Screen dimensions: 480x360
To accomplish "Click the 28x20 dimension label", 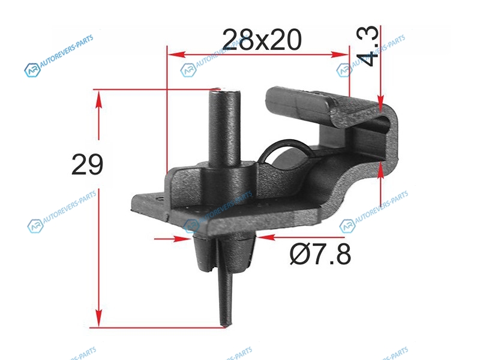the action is pos(262,40).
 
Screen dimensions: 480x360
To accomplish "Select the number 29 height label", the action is pos(87,164).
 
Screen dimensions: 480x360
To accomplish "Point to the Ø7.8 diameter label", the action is pos(320,254).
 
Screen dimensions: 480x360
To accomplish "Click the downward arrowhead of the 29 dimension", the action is pos(98,319).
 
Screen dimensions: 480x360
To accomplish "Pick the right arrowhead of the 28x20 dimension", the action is pos(340,55).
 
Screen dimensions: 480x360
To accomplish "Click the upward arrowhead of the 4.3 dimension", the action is pos(380,170).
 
